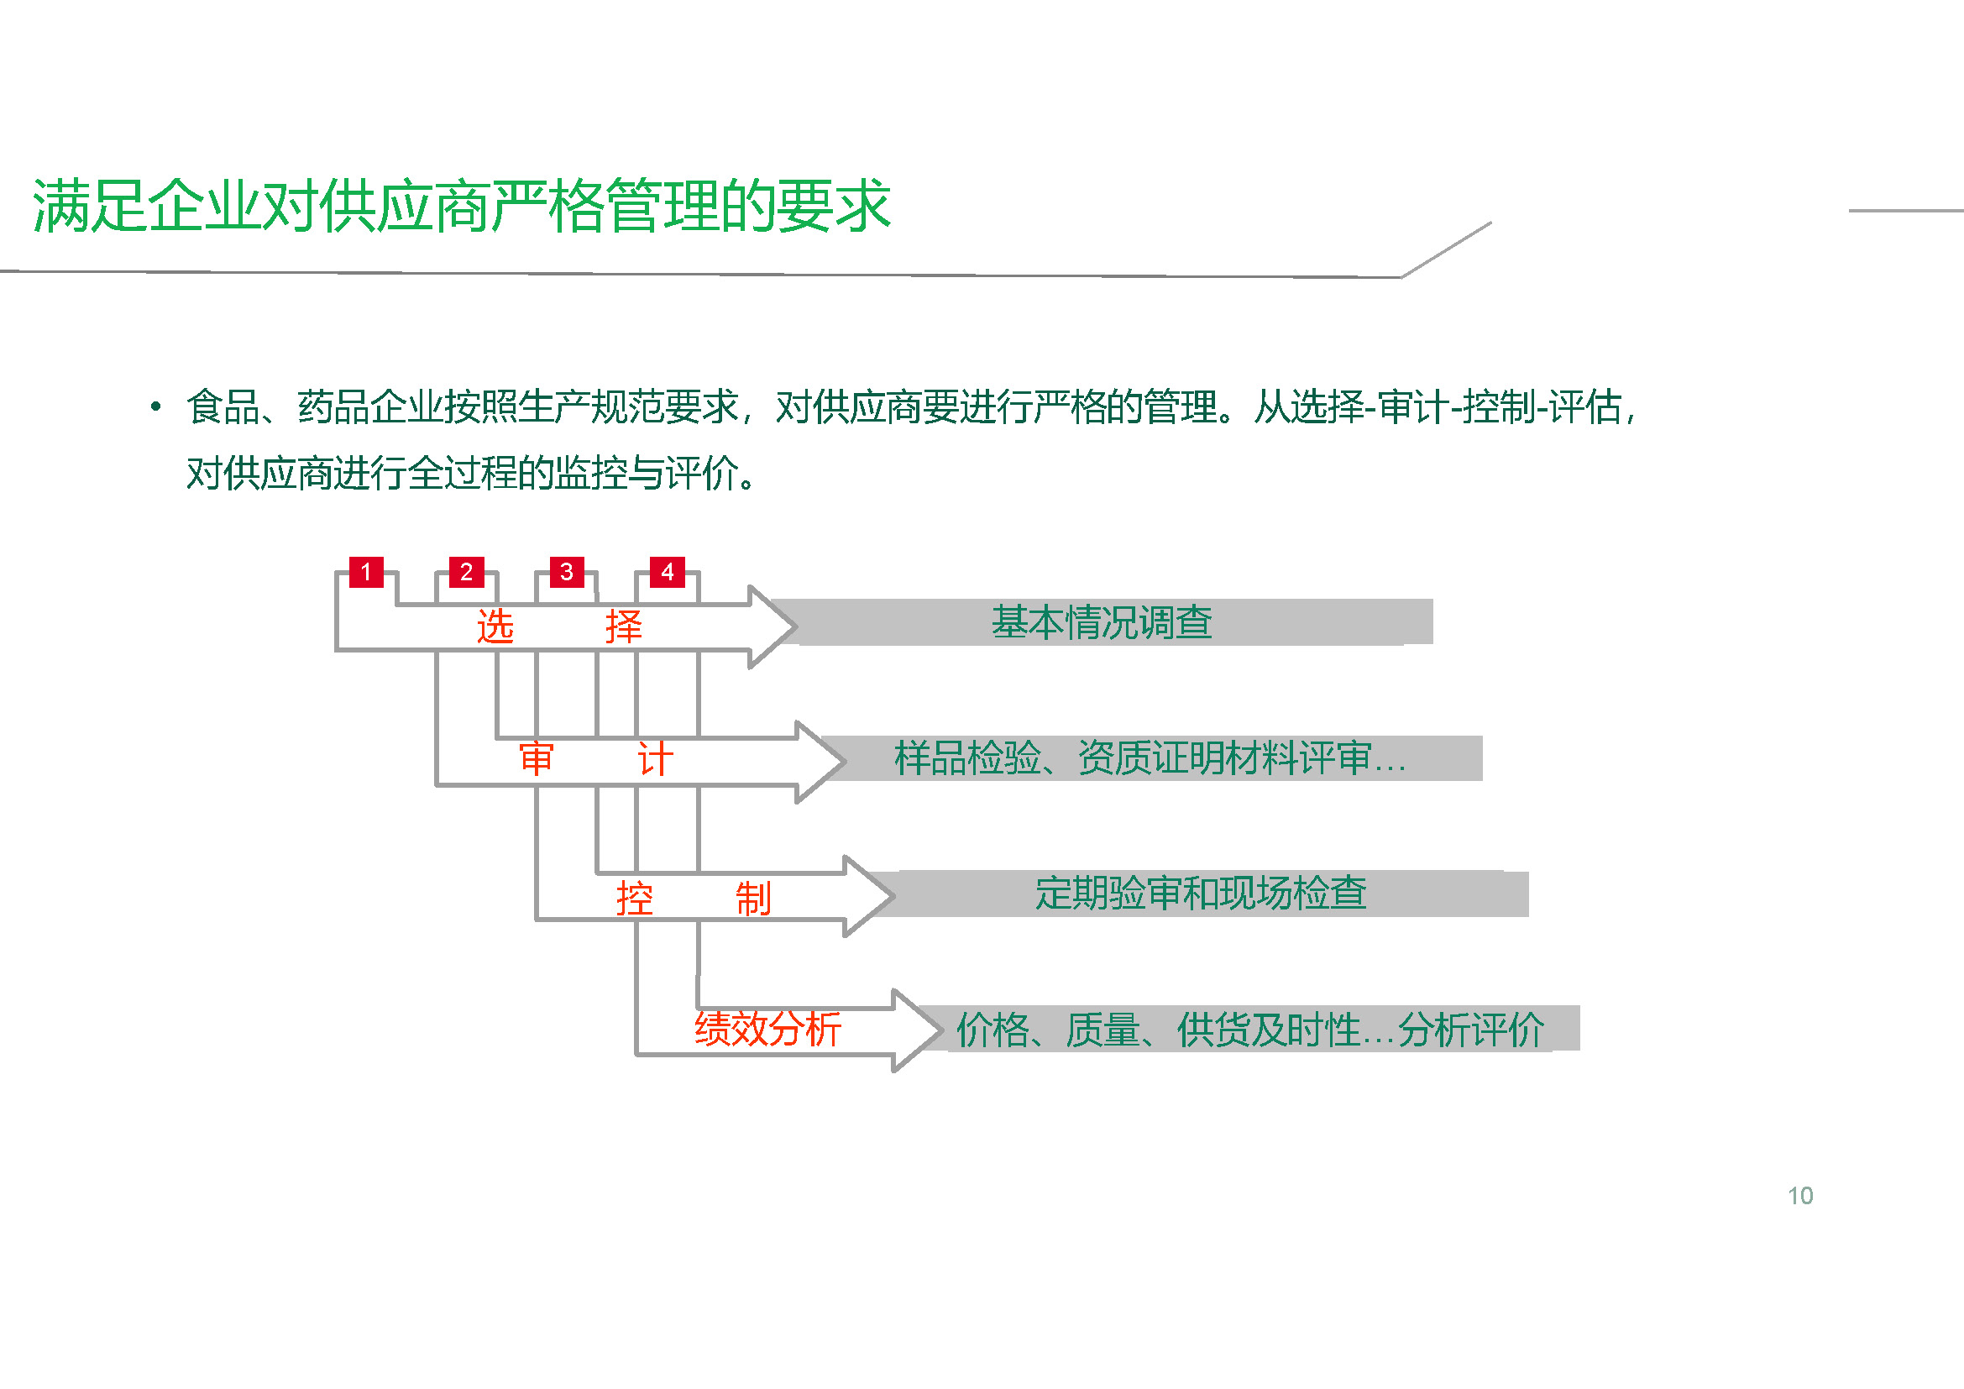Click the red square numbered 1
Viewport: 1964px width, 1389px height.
click(x=366, y=571)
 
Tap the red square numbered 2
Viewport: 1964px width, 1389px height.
click(x=466, y=571)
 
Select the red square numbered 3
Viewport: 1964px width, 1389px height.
click(x=566, y=571)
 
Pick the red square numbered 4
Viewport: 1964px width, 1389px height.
click(x=668, y=571)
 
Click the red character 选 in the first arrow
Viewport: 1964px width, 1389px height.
click(x=495, y=627)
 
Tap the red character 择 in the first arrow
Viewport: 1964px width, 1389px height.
click(x=624, y=627)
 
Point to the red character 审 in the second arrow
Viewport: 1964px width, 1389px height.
click(x=537, y=759)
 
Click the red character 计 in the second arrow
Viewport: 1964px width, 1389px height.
click(x=655, y=759)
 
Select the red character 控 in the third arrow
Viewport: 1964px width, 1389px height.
click(x=635, y=899)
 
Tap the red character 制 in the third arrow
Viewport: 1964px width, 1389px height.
click(x=753, y=899)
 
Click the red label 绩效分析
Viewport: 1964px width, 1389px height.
click(x=768, y=1029)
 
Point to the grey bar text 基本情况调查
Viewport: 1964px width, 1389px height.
click(x=1102, y=621)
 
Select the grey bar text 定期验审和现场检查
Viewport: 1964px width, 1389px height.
click(x=1201, y=893)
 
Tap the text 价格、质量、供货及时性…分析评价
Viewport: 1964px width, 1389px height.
click(x=1249, y=1030)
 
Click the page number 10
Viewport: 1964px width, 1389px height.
click(x=1800, y=1196)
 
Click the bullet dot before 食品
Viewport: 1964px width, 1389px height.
click(x=155, y=406)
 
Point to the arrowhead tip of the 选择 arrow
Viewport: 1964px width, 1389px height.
click(x=797, y=627)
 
